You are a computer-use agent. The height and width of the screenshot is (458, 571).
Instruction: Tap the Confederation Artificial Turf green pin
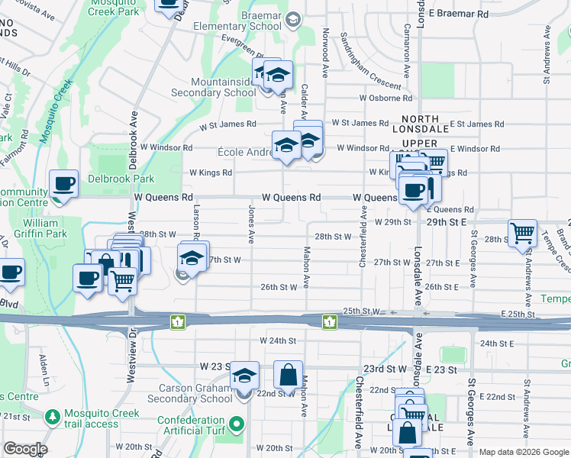click(x=237, y=424)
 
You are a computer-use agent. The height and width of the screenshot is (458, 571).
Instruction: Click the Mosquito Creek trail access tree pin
click(x=52, y=418)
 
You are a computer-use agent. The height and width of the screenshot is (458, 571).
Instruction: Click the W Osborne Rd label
click(x=386, y=98)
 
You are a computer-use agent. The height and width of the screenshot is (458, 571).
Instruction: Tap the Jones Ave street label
click(x=250, y=224)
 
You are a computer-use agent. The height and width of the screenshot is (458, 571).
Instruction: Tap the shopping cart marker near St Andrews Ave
click(x=523, y=232)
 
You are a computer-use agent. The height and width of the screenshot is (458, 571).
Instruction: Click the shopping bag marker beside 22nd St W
click(x=288, y=374)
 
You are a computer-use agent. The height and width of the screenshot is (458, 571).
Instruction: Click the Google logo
click(x=24, y=449)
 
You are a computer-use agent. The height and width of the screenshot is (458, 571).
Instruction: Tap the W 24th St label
click(x=277, y=340)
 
